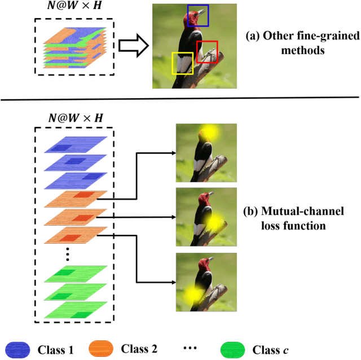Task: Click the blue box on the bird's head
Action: [x=197, y=15]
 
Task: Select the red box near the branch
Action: [x=206, y=52]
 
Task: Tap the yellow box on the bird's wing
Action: [x=182, y=63]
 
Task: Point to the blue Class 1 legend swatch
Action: [x=18, y=349]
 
